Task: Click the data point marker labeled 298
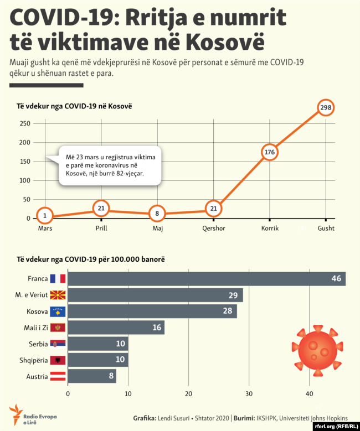point(326,107)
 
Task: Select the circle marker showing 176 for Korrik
point(270,152)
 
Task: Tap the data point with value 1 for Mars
point(45,216)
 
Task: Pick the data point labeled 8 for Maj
point(157,214)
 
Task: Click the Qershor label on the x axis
point(214,228)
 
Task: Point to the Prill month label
point(101,228)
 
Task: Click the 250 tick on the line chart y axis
point(24,123)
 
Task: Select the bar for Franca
point(206,279)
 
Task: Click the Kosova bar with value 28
point(152,311)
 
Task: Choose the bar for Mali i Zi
point(116,328)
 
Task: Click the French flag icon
point(58,279)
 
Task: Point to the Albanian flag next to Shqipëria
point(58,361)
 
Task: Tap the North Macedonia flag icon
point(58,295)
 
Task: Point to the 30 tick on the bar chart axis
point(249,394)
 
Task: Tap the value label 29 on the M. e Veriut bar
point(233,295)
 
